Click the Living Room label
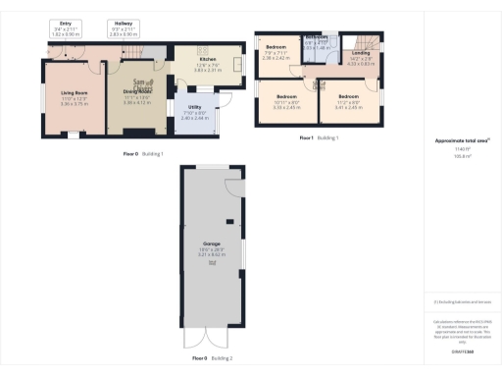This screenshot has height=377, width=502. pyautogui.click(x=75, y=94)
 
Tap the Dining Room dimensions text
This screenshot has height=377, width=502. pyautogui.click(x=137, y=101)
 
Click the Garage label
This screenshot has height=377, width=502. pyautogui.click(x=212, y=242)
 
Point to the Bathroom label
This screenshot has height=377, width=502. pyautogui.click(x=316, y=37)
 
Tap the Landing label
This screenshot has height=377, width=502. pyautogui.click(x=360, y=53)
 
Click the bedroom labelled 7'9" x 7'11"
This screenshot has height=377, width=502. pyautogui.click(x=276, y=53)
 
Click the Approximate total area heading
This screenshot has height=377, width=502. pyautogui.click(x=462, y=140)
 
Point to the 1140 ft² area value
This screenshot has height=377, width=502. pyautogui.click(x=462, y=148)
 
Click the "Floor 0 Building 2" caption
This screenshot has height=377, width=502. pyautogui.click(x=212, y=358)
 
